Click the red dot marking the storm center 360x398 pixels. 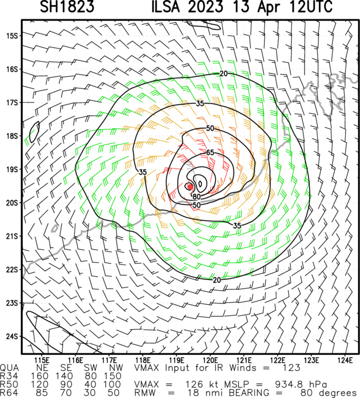(x=190, y=187)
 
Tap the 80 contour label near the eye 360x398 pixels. (x=196, y=196)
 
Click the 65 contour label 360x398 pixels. (x=210, y=153)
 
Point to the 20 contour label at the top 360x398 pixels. (x=223, y=74)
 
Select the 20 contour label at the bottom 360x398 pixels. (x=217, y=279)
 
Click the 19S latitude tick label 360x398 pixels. (x=12, y=169)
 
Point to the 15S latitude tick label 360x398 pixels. (x=12, y=36)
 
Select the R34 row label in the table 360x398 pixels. (x=11, y=375)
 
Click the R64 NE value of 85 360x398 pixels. (x=46, y=393)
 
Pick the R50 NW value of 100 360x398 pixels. (x=113, y=384)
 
